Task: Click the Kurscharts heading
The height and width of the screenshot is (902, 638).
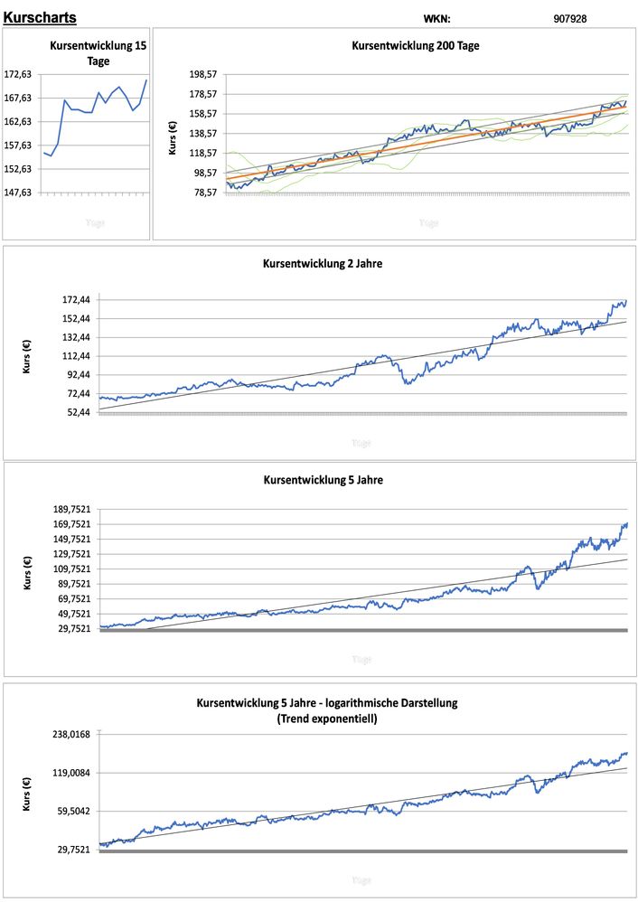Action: [40, 17]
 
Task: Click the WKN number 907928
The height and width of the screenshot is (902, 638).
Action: [569, 18]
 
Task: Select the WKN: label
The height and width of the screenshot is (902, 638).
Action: [436, 18]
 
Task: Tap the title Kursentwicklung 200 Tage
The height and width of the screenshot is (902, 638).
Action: [415, 45]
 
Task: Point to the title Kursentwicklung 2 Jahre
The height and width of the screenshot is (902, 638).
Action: [323, 264]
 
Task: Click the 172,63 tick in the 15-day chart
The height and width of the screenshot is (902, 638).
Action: [19, 75]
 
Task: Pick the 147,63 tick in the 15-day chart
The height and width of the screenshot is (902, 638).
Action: [19, 193]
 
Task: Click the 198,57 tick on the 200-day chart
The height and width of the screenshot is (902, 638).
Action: [206, 75]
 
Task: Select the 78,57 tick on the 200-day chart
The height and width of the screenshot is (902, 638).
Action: [206, 193]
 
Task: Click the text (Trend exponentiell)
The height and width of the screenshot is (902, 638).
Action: [327, 719]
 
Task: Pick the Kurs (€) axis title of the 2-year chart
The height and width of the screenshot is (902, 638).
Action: [26, 356]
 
